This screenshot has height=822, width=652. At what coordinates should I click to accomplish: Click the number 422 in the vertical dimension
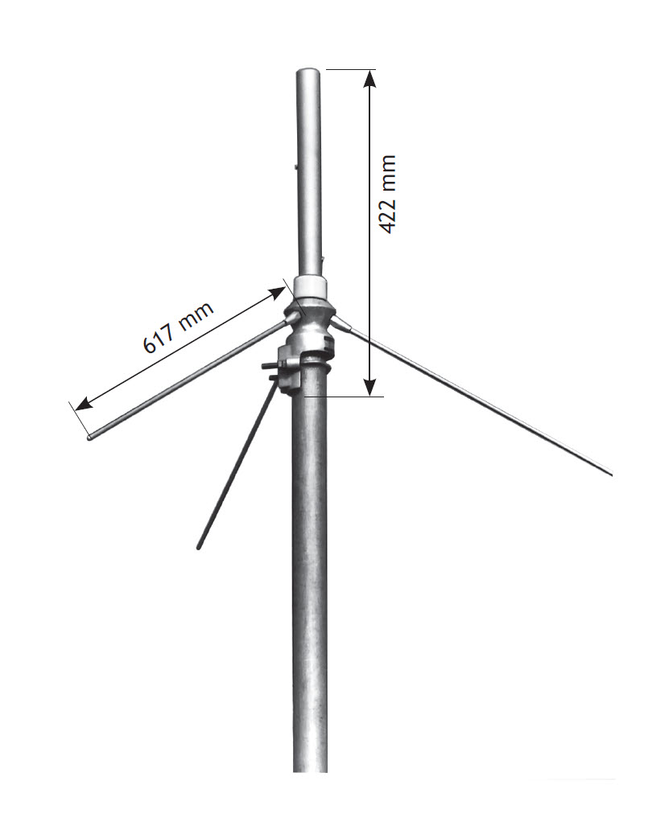tap(388, 216)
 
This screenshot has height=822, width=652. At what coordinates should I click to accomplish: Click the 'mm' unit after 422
tap(388, 171)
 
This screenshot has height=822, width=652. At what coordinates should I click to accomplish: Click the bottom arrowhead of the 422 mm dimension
tap(369, 388)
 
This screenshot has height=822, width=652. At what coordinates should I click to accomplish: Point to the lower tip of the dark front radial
tap(199, 548)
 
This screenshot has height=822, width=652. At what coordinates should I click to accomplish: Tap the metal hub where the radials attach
tap(311, 318)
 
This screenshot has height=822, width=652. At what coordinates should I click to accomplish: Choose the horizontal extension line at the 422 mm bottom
tap(346, 396)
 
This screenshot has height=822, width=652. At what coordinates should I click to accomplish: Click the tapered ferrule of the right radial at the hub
tap(341, 324)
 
